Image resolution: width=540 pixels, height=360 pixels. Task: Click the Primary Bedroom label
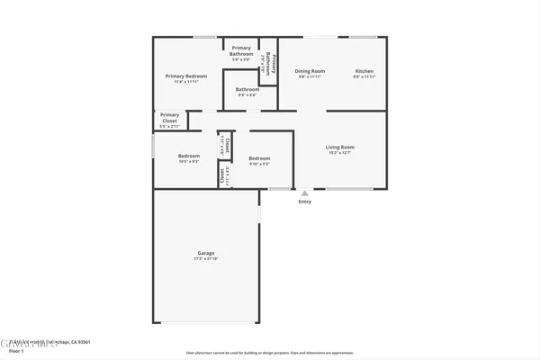(186, 76)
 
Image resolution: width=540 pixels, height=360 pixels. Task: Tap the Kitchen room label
(364, 71)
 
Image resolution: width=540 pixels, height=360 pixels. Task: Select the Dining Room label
(310, 71)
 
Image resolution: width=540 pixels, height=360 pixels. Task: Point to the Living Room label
(339, 147)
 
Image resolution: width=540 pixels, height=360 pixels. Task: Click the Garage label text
(206, 253)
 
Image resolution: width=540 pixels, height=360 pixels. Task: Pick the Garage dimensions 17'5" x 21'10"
(206, 259)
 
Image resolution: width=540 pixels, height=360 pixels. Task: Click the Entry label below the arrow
(305, 202)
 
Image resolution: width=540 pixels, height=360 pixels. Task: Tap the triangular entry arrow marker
(305, 193)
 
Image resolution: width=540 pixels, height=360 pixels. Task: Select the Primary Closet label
(169, 115)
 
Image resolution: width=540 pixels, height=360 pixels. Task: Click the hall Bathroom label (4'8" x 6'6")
(247, 89)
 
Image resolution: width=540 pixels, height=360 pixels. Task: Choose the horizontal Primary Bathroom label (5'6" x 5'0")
(241, 48)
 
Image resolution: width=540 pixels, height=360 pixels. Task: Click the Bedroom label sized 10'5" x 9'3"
(188, 156)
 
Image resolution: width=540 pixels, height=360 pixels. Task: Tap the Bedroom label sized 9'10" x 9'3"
(259, 158)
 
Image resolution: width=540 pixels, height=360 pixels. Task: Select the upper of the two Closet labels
(228, 143)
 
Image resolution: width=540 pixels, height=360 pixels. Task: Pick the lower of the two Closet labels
(221, 175)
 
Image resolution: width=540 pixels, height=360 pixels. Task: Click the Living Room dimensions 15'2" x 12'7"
(339, 153)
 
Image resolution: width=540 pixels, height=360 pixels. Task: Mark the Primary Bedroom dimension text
(186, 82)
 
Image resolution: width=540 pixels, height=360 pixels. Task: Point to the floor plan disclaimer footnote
(269, 353)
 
